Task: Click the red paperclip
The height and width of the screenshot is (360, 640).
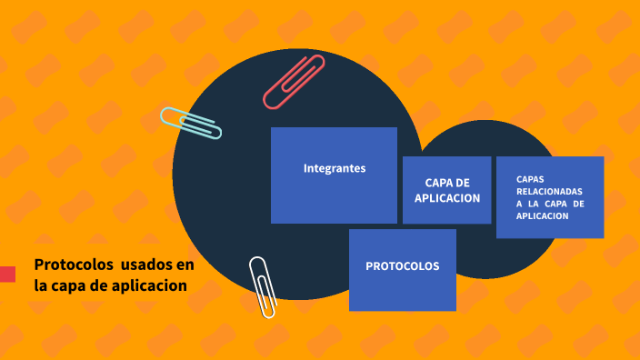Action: point(294,82)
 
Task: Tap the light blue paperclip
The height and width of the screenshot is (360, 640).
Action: point(191,123)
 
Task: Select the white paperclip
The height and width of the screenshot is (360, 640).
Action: point(263,286)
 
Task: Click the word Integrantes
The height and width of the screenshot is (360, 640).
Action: point(335,168)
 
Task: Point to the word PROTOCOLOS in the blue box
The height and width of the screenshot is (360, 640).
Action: point(403,266)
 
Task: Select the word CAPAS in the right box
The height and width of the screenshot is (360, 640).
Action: point(530,179)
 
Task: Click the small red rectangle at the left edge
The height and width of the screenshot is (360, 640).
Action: point(7,274)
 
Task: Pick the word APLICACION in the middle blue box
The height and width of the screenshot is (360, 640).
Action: point(447,197)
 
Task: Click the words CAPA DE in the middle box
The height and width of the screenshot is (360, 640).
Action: point(447,183)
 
